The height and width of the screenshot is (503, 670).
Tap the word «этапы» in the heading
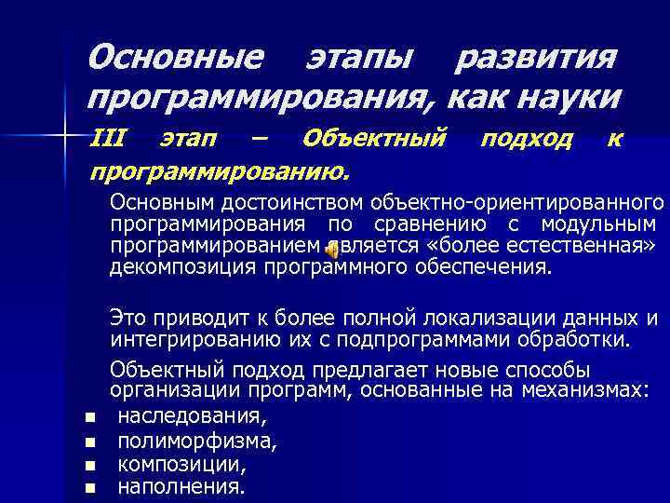coord(358,60)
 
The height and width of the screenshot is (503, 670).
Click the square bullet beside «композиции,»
coord(89,465)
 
